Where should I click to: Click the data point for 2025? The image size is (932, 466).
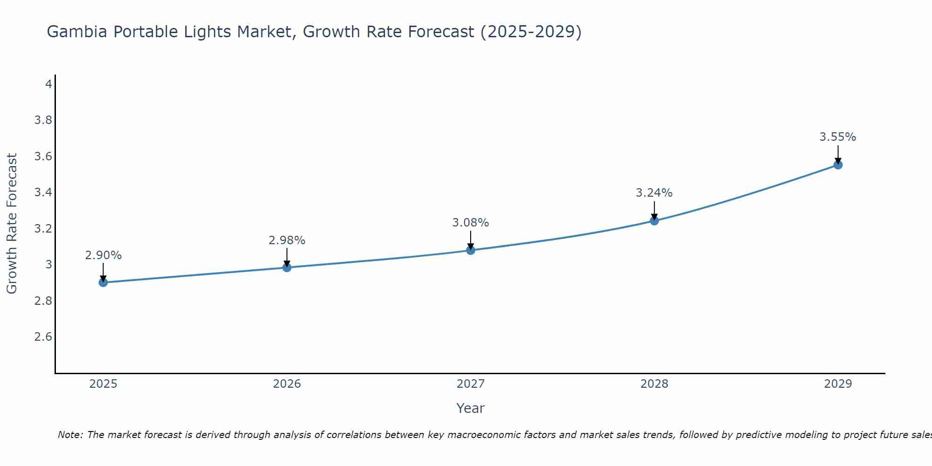pyautogui.click(x=103, y=282)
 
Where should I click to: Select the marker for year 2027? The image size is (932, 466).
pyautogui.click(x=471, y=250)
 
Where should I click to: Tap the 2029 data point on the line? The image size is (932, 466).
pyautogui.click(x=838, y=164)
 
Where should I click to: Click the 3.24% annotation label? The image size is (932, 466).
pyautogui.click(x=654, y=193)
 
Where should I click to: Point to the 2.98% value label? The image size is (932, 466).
pyautogui.click(x=287, y=240)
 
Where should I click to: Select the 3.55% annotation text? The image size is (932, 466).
pyautogui.click(x=837, y=137)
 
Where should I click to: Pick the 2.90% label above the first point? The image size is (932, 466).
pyautogui.click(x=103, y=255)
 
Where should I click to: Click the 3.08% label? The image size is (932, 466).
pyautogui.click(x=470, y=223)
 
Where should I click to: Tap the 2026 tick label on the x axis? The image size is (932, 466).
pyautogui.click(x=287, y=384)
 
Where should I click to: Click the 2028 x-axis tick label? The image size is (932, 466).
pyautogui.click(x=654, y=384)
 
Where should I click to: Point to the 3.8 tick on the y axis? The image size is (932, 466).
pyautogui.click(x=43, y=120)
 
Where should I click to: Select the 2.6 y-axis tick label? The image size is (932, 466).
pyautogui.click(x=43, y=337)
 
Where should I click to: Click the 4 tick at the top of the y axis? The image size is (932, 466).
pyautogui.click(x=48, y=84)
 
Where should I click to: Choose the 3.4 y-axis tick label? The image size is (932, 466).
pyautogui.click(x=43, y=192)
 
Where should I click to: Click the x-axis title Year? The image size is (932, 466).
pyautogui.click(x=470, y=408)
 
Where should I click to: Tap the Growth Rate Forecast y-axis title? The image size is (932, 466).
pyautogui.click(x=12, y=223)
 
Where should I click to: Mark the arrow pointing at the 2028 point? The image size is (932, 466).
pyautogui.click(x=654, y=211)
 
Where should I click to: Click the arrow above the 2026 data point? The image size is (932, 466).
pyautogui.click(x=287, y=257)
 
